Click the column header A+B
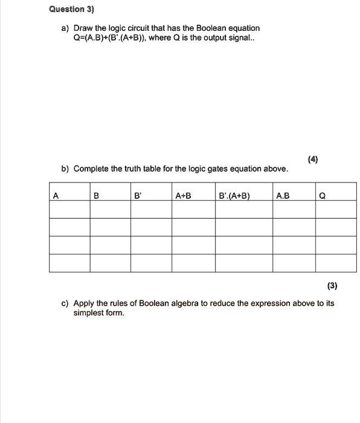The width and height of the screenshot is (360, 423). pyautogui.click(x=182, y=195)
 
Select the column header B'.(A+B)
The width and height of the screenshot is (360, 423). pyautogui.click(x=235, y=195)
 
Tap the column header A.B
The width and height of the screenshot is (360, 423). pyautogui.click(x=282, y=195)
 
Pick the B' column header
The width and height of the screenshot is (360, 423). pyautogui.click(x=138, y=195)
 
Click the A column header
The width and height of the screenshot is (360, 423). pyautogui.click(x=56, y=195)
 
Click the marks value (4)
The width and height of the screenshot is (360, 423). pyautogui.click(x=312, y=160)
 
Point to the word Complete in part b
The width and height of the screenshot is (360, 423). pyautogui.click(x=91, y=169)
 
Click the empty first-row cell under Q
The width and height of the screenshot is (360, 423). pyautogui.click(x=336, y=208)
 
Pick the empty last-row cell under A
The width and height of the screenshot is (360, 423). pyautogui.click(x=69, y=263)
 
